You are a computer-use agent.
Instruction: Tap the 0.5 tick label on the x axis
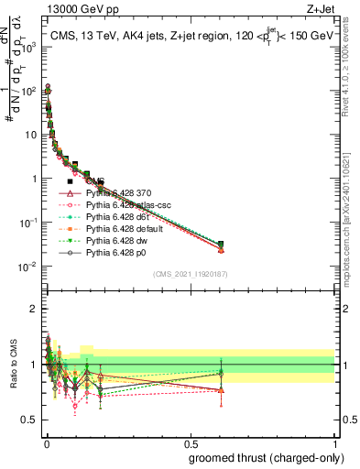coord(190,442)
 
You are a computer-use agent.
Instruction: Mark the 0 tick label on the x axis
coord(47,442)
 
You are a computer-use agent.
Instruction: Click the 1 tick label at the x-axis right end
coord(333,442)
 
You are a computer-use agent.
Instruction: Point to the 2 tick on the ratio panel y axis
coord(34,309)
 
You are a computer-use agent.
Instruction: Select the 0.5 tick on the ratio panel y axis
coord(29,420)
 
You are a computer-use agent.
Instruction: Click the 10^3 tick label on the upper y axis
coord(28,47)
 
